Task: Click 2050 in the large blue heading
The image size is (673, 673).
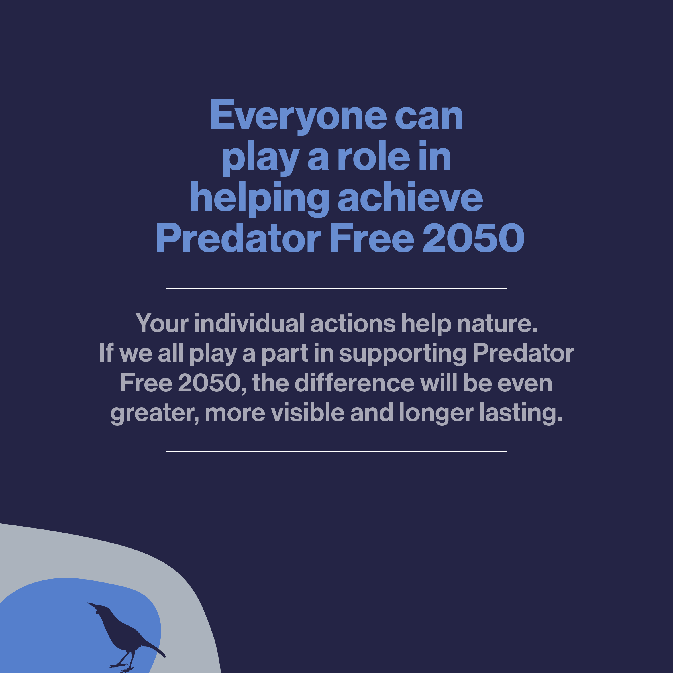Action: [x=474, y=238]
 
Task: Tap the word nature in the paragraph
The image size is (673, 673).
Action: [x=497, y=324]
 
